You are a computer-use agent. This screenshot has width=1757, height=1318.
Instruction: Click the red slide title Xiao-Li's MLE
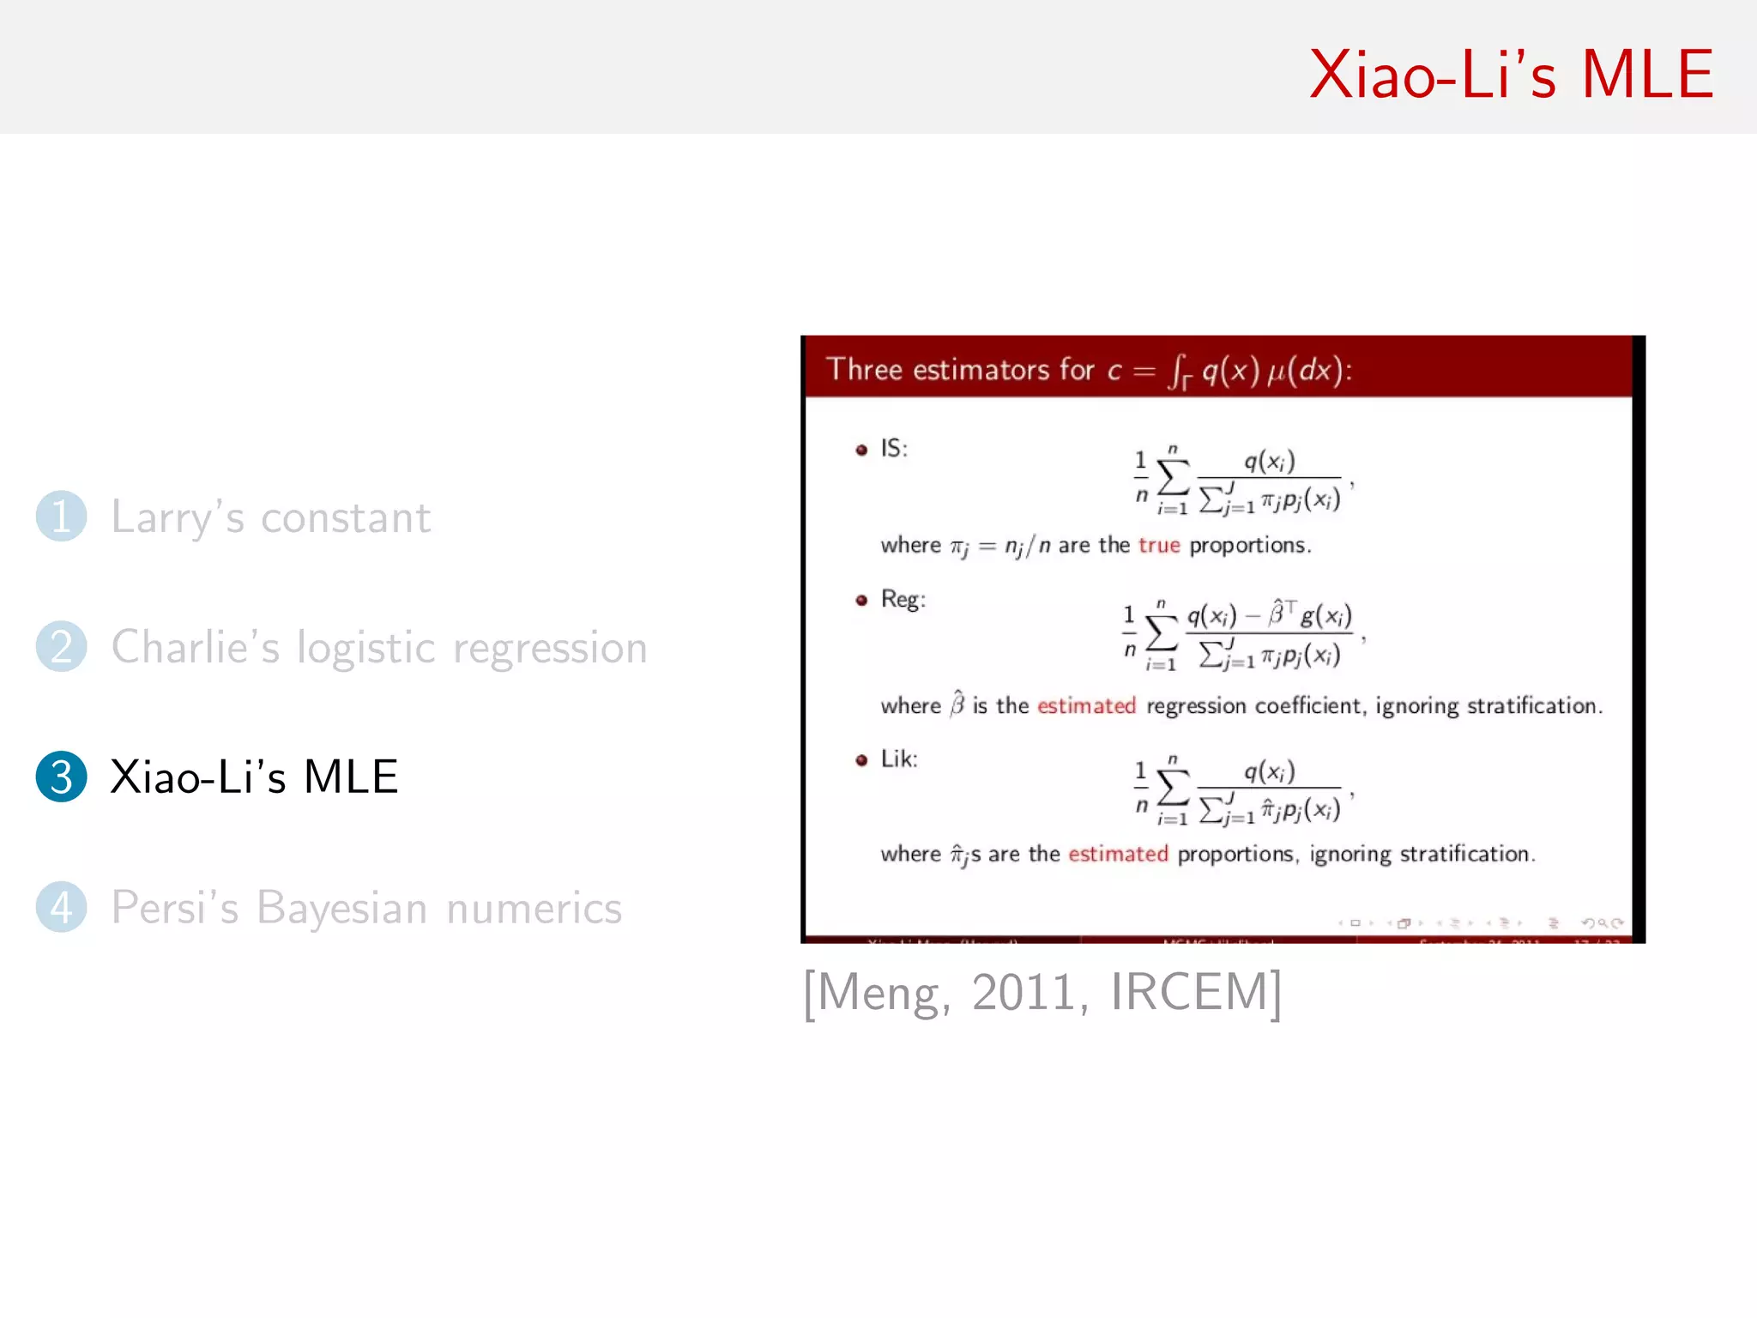(x=1511, y=75)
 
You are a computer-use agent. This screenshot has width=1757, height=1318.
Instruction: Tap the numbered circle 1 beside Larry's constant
(x=61, y=516)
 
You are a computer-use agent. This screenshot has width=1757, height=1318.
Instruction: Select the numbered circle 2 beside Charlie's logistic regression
(x=61, y=646)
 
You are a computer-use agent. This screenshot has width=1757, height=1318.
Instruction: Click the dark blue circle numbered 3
(x=61, y=777)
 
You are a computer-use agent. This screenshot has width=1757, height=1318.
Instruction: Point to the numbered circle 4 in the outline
(x=61, y=907)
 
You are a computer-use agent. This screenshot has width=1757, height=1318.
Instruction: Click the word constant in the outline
(x=345, y=517)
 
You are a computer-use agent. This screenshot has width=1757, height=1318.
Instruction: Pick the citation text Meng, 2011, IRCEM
(x=1042, y=992)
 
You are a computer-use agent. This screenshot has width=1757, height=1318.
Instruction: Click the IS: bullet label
(x=893, y=448)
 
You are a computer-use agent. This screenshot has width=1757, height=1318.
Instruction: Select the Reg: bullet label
(x=903, y=599)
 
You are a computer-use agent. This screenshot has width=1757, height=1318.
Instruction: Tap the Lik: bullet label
(x=898, y=759)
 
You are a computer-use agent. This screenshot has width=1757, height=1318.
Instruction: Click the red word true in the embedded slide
(x=1159, y=545)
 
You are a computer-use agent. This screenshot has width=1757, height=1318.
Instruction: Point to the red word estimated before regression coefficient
(x=1086, y=705)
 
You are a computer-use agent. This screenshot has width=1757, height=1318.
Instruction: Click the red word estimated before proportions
(x=1118, y=854)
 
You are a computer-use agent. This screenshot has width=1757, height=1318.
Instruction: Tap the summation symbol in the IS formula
(x=1174, y=477)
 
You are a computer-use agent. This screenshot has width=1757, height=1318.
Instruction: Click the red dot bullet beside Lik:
(x=861, y=759)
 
